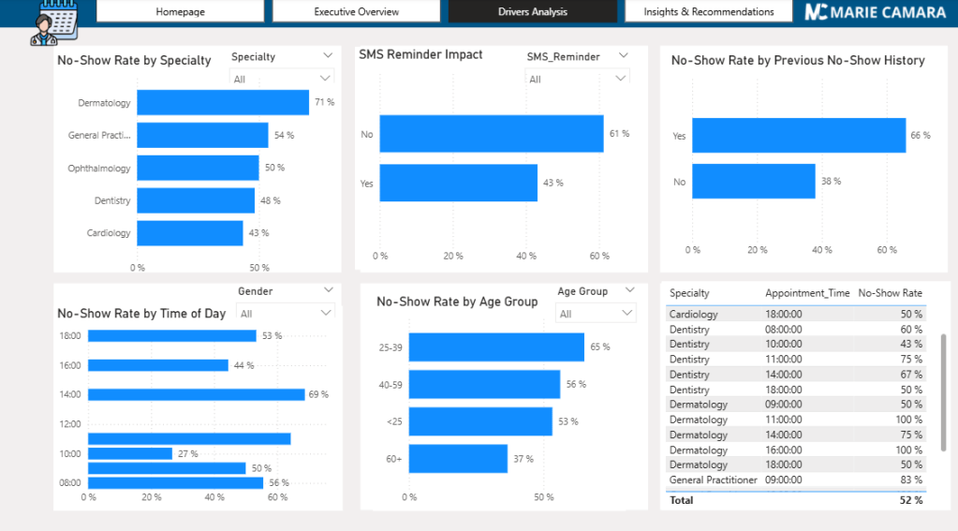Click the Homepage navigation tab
(x=180, y=12)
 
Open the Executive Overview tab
(x=356, y=12)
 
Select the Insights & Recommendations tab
(x=709, y=12)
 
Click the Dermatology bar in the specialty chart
(x=223, y=102)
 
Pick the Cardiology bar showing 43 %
(x=190, y=233)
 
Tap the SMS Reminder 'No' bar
(x=491, y=134)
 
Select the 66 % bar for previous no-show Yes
(x=799, y=135)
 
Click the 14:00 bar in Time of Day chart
(x=197, y=394)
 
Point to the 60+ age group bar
(x=458, y=459)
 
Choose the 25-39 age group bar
(x=496, y=347)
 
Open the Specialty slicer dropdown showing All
(x=282, y=79)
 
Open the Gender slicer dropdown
(x=286, y=313)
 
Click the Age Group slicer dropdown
(x=597, y=314)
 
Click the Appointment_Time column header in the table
(x=807, y=293)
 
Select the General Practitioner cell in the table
(x=713, y=480)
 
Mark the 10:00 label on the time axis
(x=70, y=454)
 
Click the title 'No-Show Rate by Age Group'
(x=457, y=302)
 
